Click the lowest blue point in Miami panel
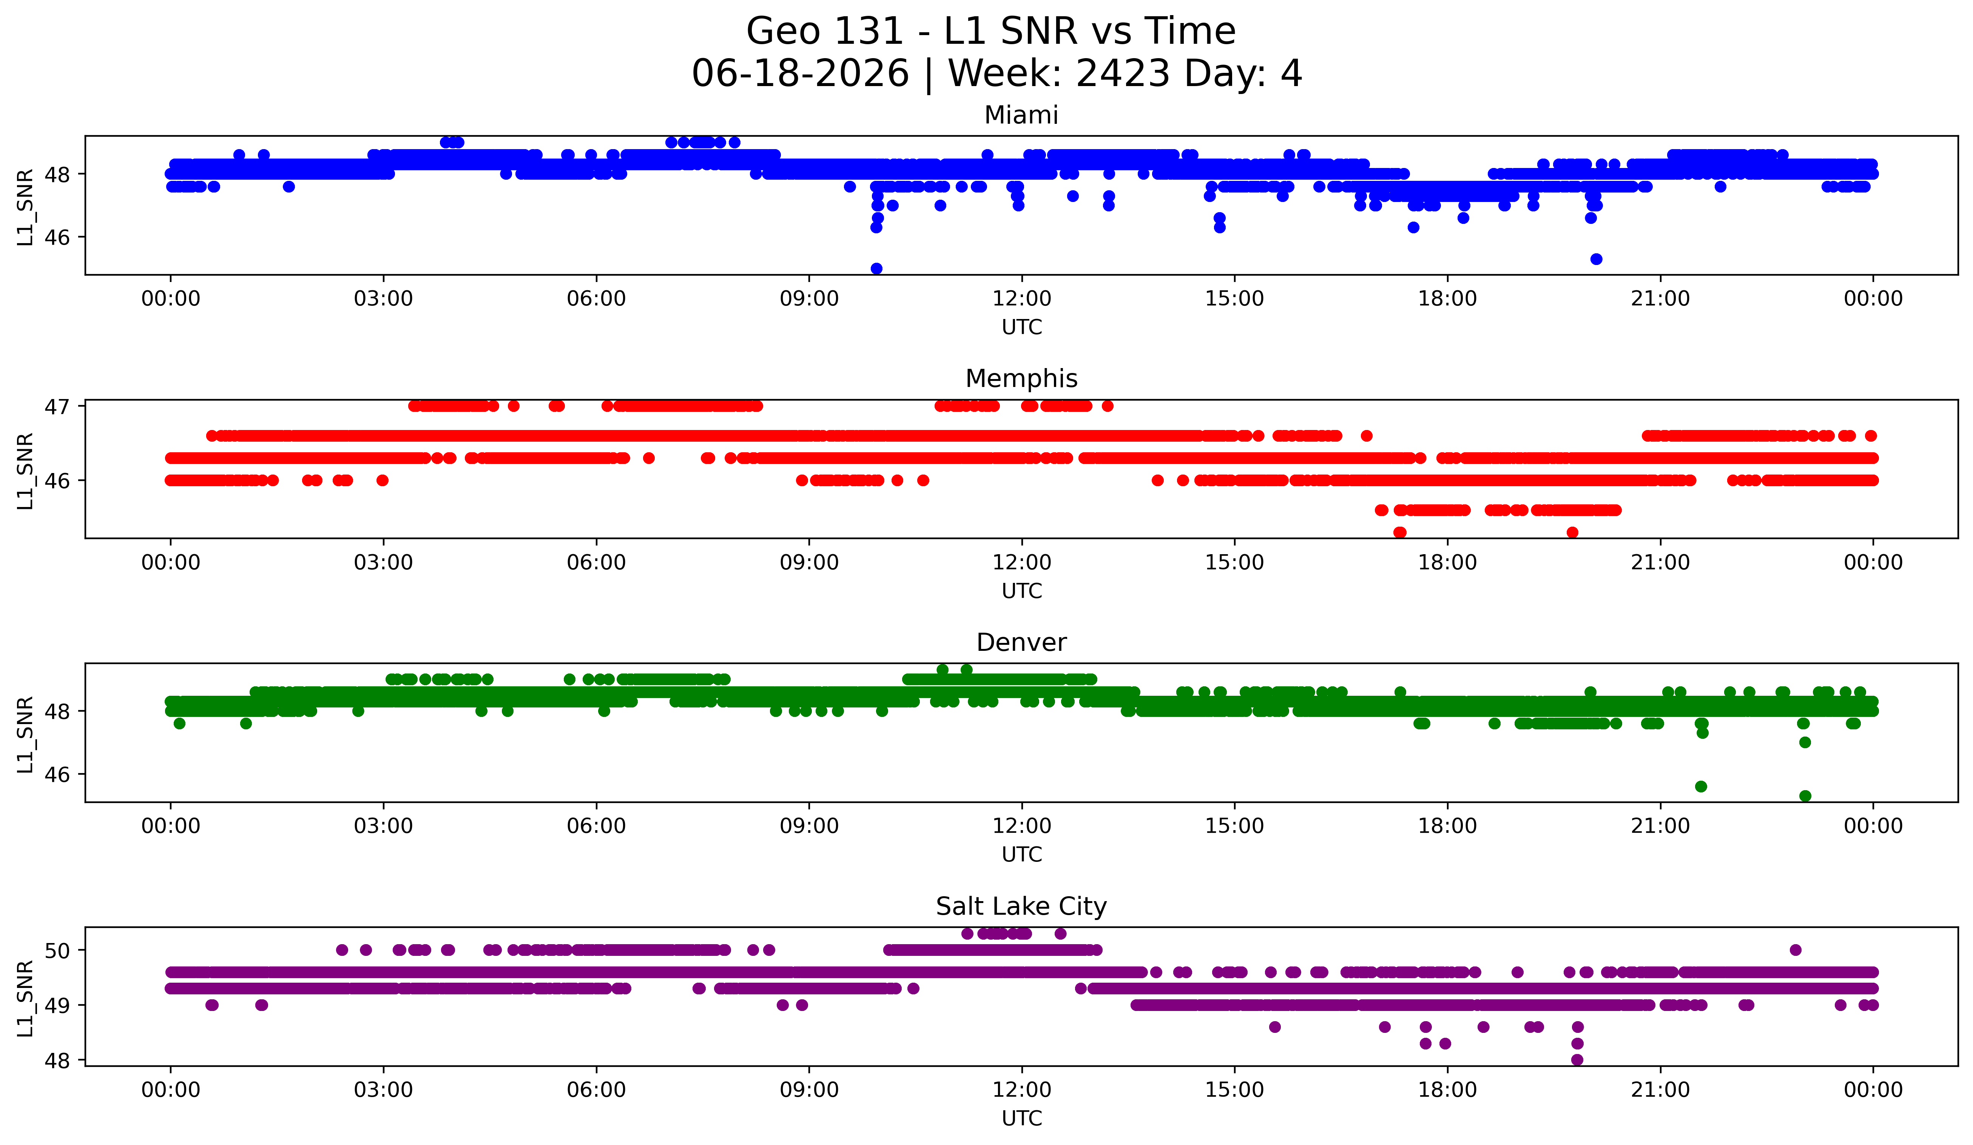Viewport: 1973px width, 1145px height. click(x=876, y=268)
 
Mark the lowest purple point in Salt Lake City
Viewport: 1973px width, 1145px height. click(x=1577, y=1060)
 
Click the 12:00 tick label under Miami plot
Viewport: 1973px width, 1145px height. click(x=1022, y=299)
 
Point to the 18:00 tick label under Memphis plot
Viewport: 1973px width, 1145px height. click(x=1447, y=563)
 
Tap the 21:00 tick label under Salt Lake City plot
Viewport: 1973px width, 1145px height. click(x=1660, y=1090)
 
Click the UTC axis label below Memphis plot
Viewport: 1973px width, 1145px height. click(x=1022, y=591)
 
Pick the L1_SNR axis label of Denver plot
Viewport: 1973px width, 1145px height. click(x=25, y=734)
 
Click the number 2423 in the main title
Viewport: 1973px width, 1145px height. click(x=1123, y=74)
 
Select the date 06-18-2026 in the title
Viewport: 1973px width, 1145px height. click(x=800, y=74)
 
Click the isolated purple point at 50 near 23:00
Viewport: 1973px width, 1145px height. click(x=1795, y=950)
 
